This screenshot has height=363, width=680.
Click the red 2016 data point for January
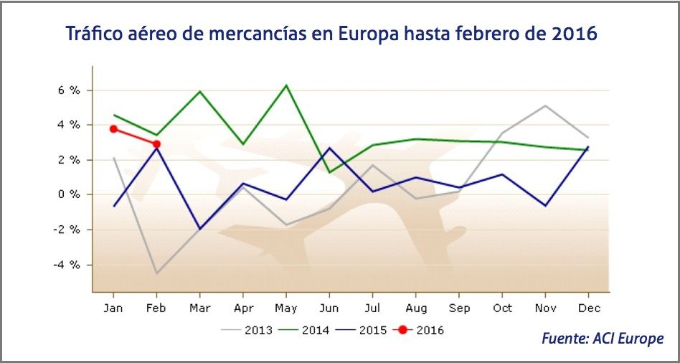click(113, 129)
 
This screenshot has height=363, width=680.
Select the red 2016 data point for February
click(156, 144)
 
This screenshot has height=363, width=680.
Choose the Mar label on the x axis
click(199, 308)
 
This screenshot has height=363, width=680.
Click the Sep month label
click(459, 308)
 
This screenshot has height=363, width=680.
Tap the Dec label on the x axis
click(589, 308)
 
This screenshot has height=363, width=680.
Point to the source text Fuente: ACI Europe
click(603, 339)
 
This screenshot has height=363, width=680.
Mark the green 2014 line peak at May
click(286, 85)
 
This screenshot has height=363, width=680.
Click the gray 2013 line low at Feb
click(156, 273)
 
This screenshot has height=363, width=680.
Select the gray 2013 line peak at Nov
click(546, 105)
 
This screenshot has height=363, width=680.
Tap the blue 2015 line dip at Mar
click(199, 229)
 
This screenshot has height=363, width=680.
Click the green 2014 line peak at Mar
click(199, 91)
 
